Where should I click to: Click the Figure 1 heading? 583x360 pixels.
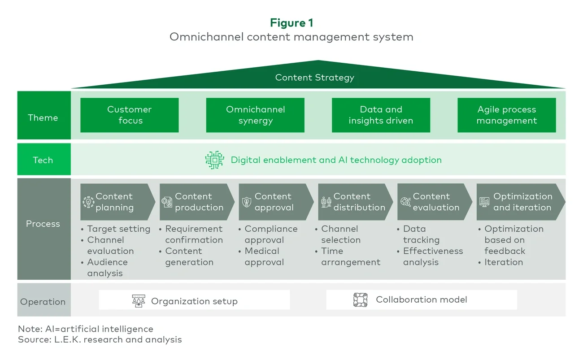(x=291, y=23)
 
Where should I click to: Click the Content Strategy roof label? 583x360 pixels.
(x=314, y=78)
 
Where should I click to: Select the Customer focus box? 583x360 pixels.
(x=129, y=115)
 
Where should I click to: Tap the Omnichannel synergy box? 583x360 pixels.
(x=255, y=115)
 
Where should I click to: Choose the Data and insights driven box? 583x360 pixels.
(x=381, y=115)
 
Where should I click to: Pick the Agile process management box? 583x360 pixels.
(x=506, y=115)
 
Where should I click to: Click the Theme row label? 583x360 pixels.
(x=43, y=117)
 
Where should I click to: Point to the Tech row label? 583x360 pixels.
(x=43, y=160)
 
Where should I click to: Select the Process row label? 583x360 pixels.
(x=43, y=224)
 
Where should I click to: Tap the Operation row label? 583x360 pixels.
(x=43, y=302)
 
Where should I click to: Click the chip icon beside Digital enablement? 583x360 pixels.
(x=215, y=160)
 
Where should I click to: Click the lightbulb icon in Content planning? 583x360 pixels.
(x=88, y=202)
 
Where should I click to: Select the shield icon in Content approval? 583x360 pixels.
(x=247, y=202)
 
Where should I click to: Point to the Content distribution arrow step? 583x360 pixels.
(x=354, y=202)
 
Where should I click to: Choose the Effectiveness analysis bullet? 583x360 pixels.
(x=432, y=256)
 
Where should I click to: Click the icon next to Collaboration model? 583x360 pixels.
(x=360, y=299)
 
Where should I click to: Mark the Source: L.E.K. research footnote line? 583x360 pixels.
(x=100, y=339)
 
